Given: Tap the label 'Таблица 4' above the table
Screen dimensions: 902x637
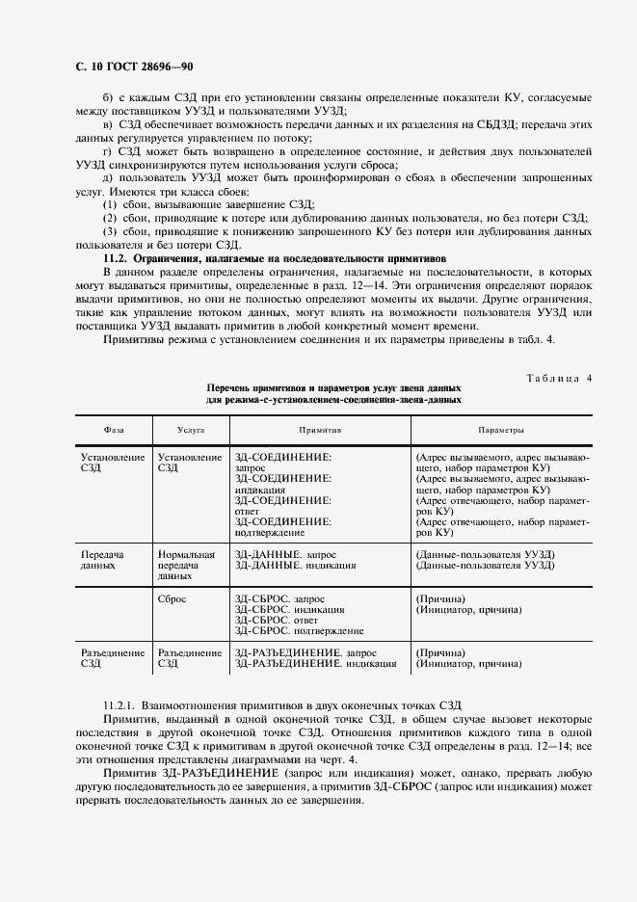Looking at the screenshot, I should [558, 378].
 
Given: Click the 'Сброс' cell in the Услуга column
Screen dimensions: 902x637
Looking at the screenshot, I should [175, 598].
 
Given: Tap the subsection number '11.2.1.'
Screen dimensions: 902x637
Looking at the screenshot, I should [123, 707].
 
